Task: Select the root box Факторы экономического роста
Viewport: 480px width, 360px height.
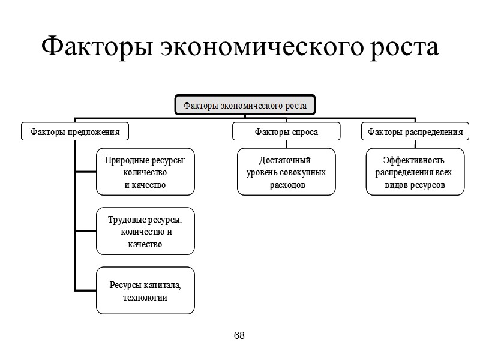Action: pos(245,106)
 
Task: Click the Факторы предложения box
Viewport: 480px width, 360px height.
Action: pos(76,131)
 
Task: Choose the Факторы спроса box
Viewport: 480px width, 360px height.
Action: pos(286,131)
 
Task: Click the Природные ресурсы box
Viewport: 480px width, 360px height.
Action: pos(145,172)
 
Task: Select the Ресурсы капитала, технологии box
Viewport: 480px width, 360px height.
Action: pos(145,290)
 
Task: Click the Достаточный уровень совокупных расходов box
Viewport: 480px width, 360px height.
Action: pos(286,172)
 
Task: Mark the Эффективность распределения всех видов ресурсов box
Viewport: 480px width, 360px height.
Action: pos(415,172)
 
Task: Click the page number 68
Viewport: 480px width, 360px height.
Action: pos(239,335)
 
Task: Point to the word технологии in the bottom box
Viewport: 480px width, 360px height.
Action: pos(145,297)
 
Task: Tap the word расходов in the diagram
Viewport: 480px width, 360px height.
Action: pos(287,185)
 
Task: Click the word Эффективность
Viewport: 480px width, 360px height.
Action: pos(413,160)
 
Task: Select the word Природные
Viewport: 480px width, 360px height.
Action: pos(124,160)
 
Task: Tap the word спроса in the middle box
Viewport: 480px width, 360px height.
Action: pos(304,131)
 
